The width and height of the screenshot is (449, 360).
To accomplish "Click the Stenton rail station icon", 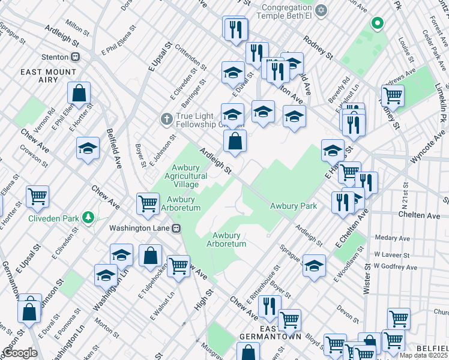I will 75,57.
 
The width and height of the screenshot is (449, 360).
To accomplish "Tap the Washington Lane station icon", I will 176,228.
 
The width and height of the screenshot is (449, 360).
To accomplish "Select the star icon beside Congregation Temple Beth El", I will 322,11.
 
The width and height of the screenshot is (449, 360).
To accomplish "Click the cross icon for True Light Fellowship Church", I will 166,119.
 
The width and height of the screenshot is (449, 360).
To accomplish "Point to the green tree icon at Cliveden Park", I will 88,217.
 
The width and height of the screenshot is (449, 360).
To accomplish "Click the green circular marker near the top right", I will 377,23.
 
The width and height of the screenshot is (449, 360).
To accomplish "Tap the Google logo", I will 20,353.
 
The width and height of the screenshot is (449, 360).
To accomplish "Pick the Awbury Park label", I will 293,206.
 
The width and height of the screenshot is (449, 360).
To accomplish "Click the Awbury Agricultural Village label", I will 190,176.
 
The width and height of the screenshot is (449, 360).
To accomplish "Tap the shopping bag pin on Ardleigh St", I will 235,142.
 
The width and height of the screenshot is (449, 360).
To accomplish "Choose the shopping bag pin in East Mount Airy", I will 79,94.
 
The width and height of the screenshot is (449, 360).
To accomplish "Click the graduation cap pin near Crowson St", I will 88,149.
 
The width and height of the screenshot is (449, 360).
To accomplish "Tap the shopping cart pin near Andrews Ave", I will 393,95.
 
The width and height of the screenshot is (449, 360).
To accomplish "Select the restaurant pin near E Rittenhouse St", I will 270,307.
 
